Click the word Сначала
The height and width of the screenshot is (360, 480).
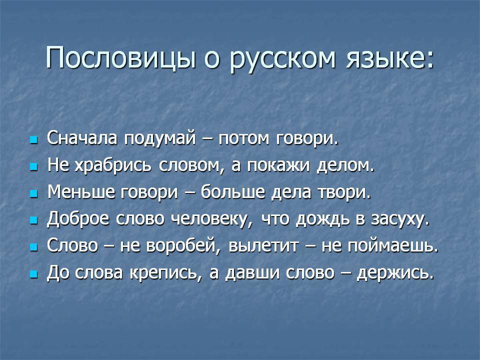pos(82,138)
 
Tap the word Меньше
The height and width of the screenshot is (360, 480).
pos(81,192)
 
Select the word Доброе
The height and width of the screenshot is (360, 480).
pos(78,219)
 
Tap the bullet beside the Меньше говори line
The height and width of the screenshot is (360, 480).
pos(33,194)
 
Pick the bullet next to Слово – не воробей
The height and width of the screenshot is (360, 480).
pos(33,247)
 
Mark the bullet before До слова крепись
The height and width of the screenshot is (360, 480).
pos(33,274)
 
